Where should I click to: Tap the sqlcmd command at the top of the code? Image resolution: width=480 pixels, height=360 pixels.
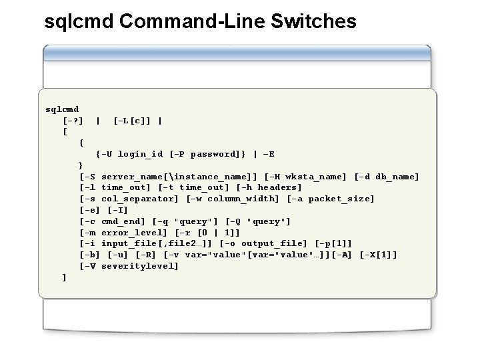pyautogui.click(x=62, y=109)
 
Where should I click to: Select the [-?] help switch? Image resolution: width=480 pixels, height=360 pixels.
pyautogui.click(x=73, y=121)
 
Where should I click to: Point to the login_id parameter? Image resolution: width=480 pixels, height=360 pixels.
pyautogui.click(x=140, y=154)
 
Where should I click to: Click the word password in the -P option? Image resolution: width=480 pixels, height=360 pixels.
pyautogui.click(x=212, y=154)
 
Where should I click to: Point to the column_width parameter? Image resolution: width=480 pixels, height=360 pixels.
pyautogui.click(x=239, y=199)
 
